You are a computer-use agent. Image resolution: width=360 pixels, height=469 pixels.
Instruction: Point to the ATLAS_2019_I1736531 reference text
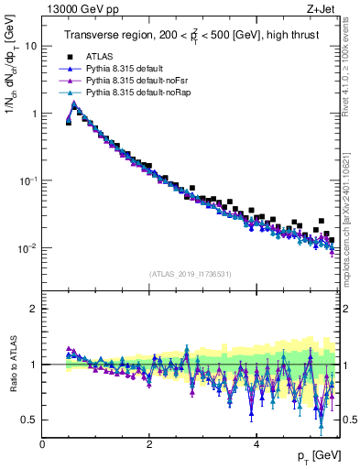189,273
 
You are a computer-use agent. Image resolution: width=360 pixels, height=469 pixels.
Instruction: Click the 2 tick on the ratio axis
34,309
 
